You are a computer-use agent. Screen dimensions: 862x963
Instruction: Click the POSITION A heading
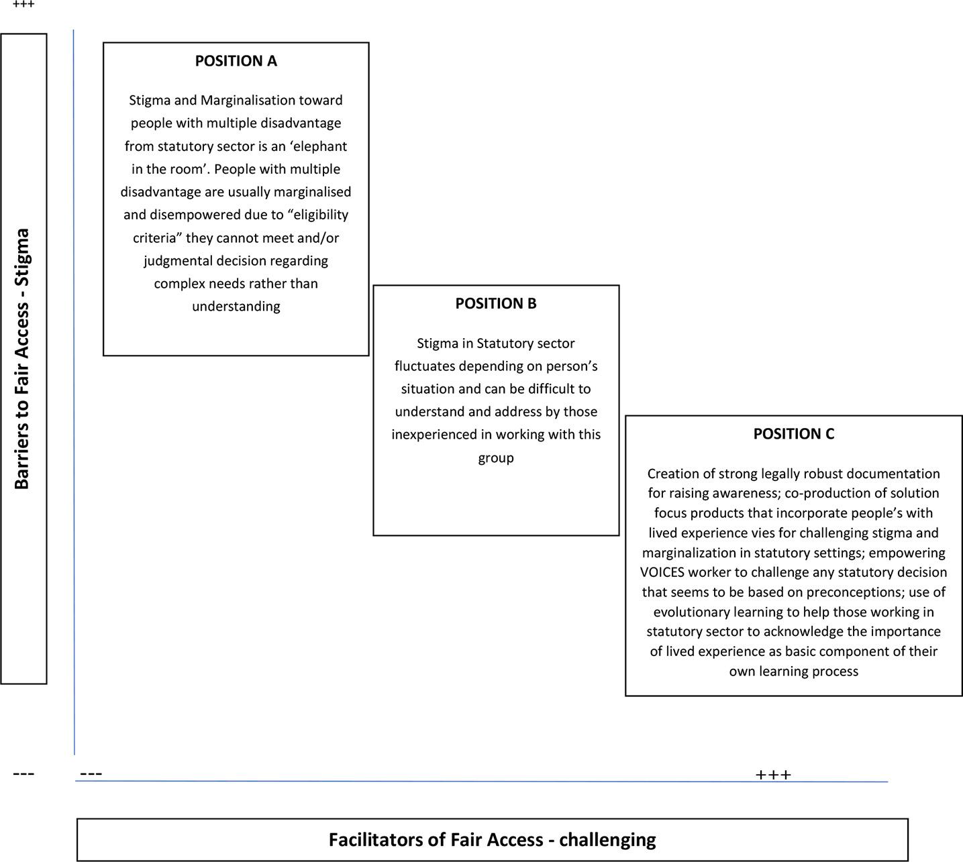[x=236, y=61]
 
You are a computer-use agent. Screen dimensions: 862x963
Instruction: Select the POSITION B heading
[x=495, y=304]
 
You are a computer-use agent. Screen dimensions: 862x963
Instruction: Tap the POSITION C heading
[x=793, y=434]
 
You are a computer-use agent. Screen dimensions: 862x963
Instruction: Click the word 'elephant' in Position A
[x=319, y=146]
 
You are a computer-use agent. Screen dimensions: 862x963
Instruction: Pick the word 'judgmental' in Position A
[x=175, y=260]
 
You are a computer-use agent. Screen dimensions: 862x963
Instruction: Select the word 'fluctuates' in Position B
[x=424, y=366]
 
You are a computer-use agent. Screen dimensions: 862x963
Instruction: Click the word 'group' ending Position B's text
[x=495, y=458]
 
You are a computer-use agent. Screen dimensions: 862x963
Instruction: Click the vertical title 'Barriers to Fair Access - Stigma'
[x=23, y=359]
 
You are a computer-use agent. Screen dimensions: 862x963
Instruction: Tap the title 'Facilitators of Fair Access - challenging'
[x=492, y=840]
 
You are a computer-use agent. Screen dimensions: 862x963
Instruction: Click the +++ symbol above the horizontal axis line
[x=773, y=775]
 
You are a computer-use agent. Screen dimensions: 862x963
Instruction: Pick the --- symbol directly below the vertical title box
[x=23, y=774]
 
